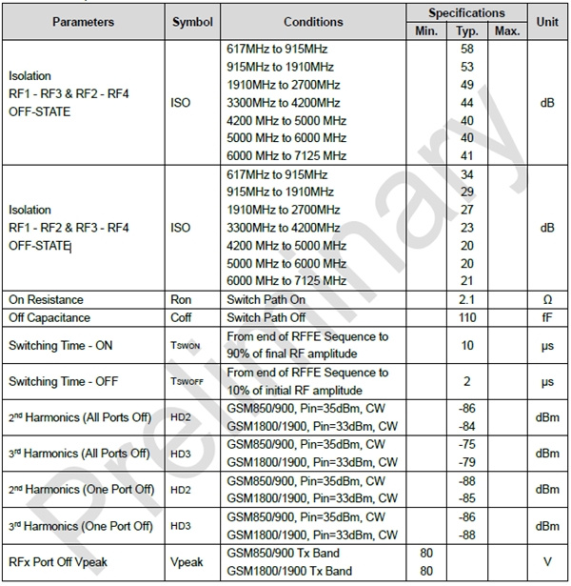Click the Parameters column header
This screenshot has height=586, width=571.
coord(83,21)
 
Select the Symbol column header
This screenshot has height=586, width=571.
coord(193,21)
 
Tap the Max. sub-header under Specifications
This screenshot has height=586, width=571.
coord(507,30)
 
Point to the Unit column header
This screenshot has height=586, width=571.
coord(547,21)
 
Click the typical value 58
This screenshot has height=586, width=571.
coord(466,48)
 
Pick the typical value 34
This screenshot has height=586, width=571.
coord(466,174)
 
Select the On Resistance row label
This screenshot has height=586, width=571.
coord(45,299)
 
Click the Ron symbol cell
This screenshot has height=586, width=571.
coord(181,299)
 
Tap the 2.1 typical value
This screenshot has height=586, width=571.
coord(466,299)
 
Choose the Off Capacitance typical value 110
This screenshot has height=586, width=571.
coord(466,317)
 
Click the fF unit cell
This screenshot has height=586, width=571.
coord(547,317)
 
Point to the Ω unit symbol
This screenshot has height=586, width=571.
coord(547,299)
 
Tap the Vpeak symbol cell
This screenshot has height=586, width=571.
coord(187,561)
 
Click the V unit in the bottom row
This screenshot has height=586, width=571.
coord(547,561)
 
